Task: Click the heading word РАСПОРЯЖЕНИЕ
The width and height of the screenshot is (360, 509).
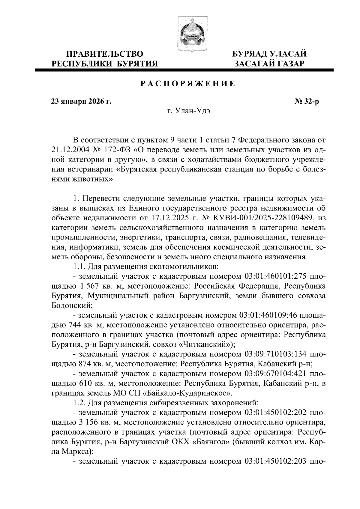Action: click(x=188, y=84)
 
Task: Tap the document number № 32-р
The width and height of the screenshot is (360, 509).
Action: click(x=306, y=101)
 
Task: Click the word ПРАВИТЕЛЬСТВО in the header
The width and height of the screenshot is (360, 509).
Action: click(x=105, y=54)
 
